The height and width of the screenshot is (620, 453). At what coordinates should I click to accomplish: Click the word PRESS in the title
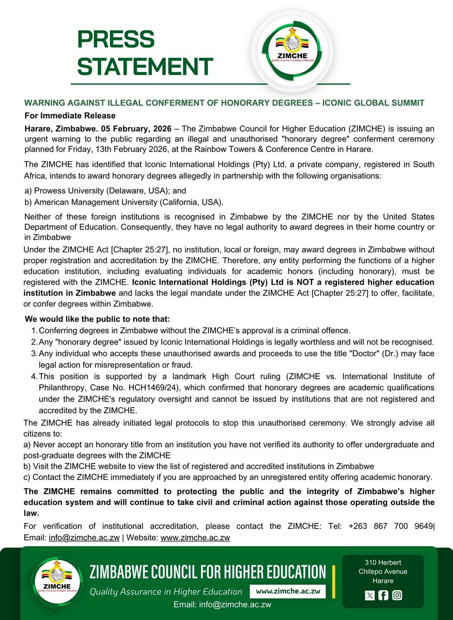click(x=116, y=40)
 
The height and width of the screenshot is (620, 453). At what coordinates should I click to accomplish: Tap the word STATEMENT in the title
click(x=145, y=66)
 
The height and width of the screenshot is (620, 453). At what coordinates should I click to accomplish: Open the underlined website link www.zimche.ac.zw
click(x=195, y=537)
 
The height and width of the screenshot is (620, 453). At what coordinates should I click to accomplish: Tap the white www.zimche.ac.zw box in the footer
click(x=287, y=591)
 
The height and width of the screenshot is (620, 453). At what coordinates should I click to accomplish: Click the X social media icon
click(x=369, y=595)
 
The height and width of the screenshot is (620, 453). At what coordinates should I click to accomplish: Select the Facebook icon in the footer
click(x=383, y=595)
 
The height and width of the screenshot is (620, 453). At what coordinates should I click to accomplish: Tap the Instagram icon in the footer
click(x=397, y=595)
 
